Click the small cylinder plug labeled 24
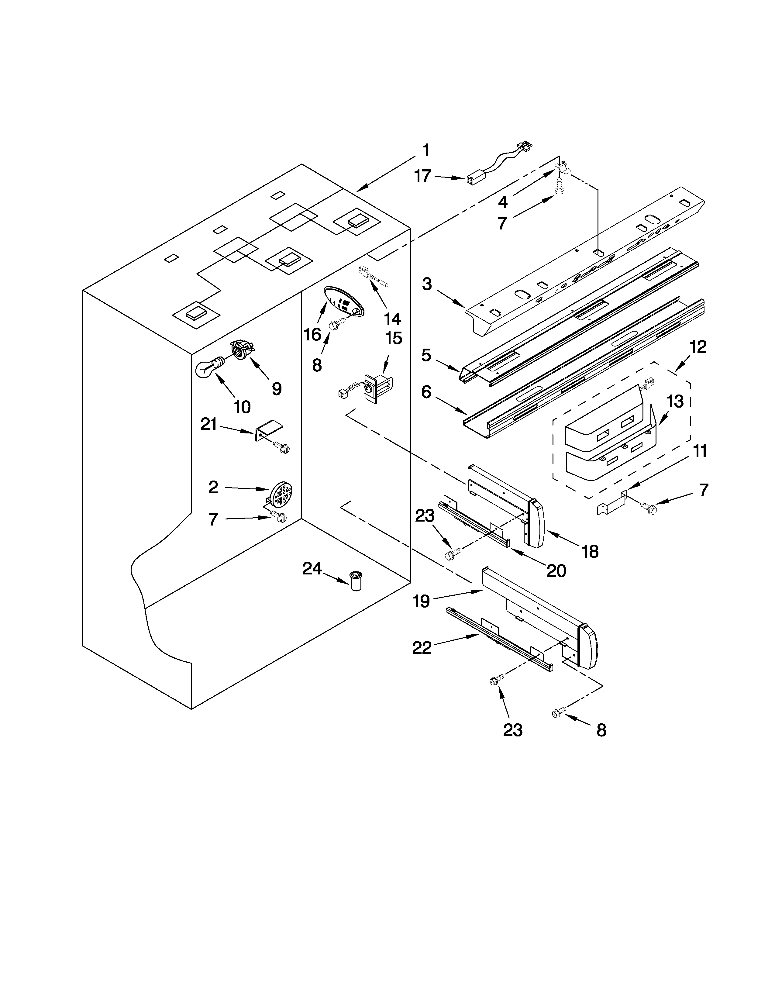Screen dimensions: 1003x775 point(356,581)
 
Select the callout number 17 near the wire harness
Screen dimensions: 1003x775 point(422,176)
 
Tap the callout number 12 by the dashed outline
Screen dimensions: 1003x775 point(698,347)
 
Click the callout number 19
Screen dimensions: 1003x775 point(421,600)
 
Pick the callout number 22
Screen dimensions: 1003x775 point(422,648)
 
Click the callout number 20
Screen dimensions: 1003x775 point(556,570)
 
